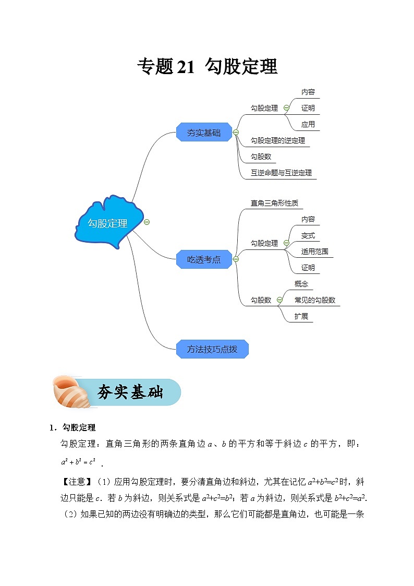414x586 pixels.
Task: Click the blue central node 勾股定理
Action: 107,223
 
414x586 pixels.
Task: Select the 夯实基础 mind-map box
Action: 204,133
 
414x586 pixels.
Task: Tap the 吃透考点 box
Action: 204,259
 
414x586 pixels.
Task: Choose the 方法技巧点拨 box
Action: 212,349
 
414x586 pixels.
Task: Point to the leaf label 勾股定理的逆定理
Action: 277,140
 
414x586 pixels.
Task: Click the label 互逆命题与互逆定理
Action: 281,173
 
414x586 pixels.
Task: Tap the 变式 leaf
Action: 308,235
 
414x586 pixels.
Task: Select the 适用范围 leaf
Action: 314,252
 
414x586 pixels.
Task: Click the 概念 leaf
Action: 301,284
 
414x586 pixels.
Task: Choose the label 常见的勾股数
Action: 314,300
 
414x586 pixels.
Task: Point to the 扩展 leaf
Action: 301,316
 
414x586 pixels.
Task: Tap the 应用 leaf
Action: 308,124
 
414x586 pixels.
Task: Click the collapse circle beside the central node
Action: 147,222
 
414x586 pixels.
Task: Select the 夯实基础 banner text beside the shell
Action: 130,392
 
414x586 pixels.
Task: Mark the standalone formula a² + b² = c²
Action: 78,462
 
